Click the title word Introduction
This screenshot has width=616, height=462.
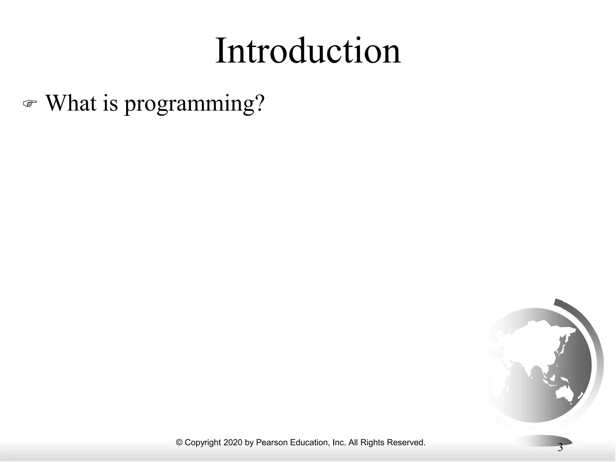[x=308, y=51]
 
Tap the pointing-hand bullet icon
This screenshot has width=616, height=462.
[x=30, y=104]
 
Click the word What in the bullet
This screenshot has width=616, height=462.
[x=71, y=103]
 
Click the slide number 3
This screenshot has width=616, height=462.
[x=560, y=448]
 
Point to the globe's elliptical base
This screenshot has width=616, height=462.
[x=541, y=441]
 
